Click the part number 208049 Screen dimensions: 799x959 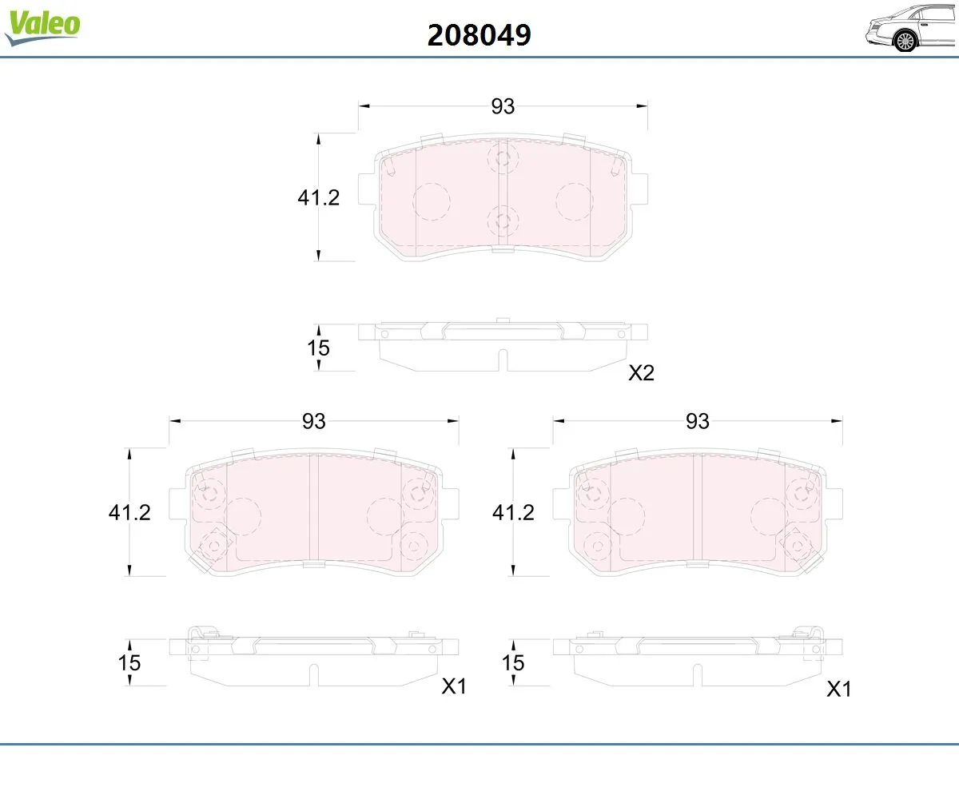click(x=479, y=34)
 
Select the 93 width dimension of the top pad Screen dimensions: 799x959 click(x=503, y=106)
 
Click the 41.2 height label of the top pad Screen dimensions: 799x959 click(x=319, y=197)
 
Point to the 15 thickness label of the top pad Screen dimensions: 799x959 click(x=319, y=348)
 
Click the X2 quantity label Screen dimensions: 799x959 click(x=641, y=373)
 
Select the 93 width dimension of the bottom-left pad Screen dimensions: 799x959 click(x=314, y=421)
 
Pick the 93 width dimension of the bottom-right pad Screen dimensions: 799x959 click(x=698, y=421)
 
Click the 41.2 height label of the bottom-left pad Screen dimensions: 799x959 click(x=129, y=512)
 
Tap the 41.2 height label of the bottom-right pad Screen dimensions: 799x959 click(x=512, y=512)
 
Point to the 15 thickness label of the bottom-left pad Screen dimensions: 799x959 click(x=129, y=662)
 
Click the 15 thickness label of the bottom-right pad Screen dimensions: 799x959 click(x=513, y=662)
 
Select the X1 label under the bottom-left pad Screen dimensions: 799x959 click(x=454, y=687)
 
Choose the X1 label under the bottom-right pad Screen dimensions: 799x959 click(x=838, y=689)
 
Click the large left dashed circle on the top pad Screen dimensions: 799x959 click(x=432, y=201)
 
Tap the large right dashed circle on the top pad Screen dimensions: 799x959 click(x=575, y=201)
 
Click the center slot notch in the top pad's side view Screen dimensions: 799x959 click(x=503, y=361)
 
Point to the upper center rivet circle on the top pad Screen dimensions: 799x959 click(x=503, y=157)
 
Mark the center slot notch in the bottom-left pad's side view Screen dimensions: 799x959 click(x=313, y=676)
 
